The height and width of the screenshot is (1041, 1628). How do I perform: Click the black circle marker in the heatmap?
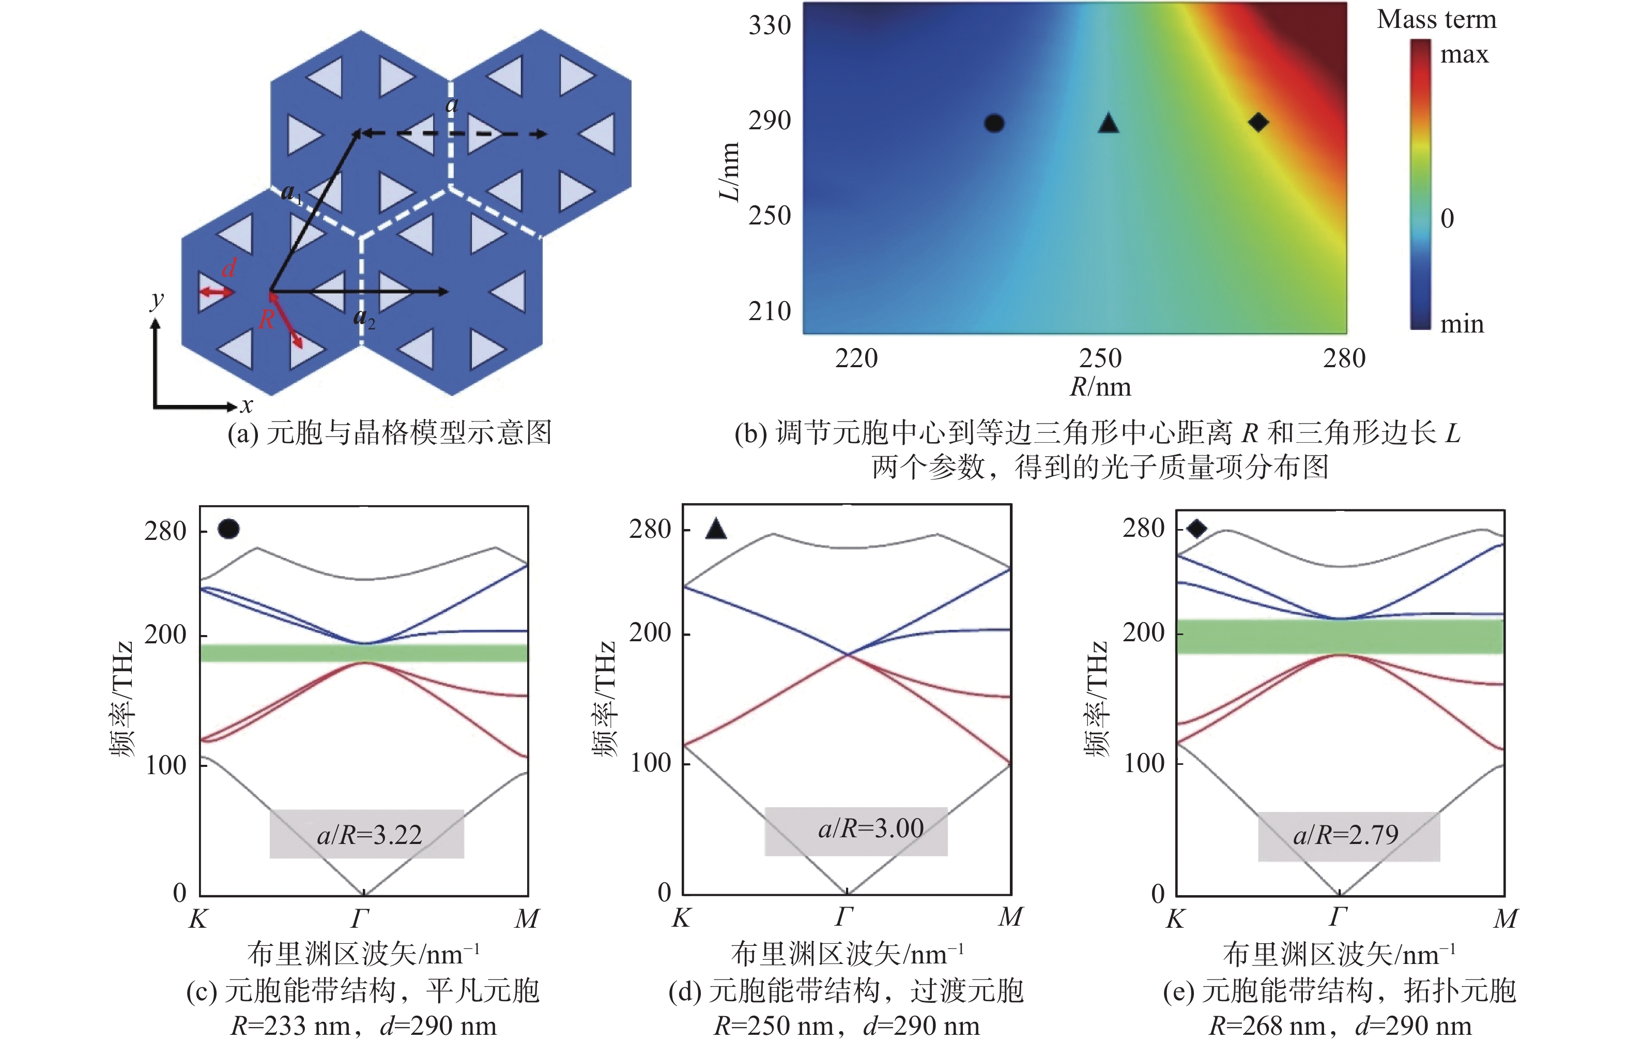click(x=994, y=123)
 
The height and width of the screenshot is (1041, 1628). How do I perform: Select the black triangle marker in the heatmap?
click(x=1108, y=123)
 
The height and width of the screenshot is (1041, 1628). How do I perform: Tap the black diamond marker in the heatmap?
click(x=1258, y=123)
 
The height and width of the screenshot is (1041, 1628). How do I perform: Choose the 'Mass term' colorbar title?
click(x=1437, y=19)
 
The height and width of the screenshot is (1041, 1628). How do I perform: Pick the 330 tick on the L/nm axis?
click(x=770, y=26)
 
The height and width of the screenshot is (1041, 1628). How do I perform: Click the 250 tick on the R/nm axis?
click(x=1100, y=358)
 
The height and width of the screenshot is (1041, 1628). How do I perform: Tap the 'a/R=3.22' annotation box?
click(x=367, y=834)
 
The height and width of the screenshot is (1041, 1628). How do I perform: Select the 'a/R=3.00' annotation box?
click(x=856, y=832)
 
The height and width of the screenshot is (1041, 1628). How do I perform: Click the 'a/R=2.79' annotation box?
click(x=1349, y=836)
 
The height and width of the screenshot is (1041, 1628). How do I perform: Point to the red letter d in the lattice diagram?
click(x=229, y=268)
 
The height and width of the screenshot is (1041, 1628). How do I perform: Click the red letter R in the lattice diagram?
click(x=267, y=319)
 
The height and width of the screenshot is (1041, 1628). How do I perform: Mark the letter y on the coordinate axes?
click(x=157, y=299)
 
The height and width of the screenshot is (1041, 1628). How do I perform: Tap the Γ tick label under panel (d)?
click(x=844, y=916)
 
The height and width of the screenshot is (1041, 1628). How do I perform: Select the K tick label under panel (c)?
click(x=198, y=918)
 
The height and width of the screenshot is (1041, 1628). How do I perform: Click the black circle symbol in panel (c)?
click(x=228, y=529)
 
